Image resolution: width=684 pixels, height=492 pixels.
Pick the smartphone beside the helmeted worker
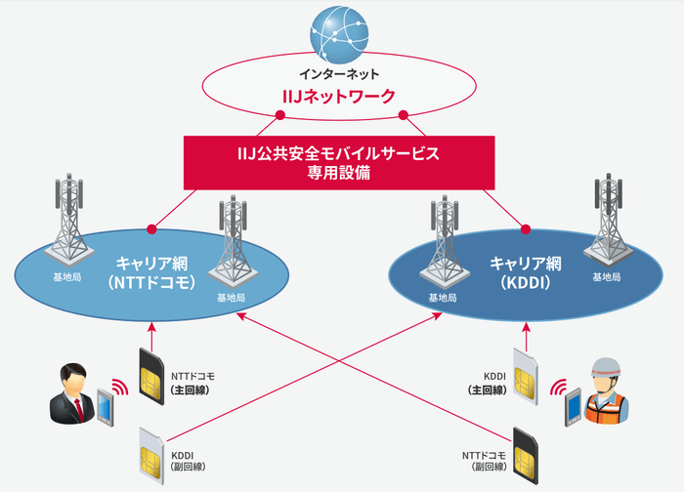tap(572, 405)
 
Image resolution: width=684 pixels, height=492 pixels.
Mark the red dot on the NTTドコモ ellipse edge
tap(151, 229)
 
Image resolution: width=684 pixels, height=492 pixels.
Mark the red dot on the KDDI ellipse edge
tap(527, 229)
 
